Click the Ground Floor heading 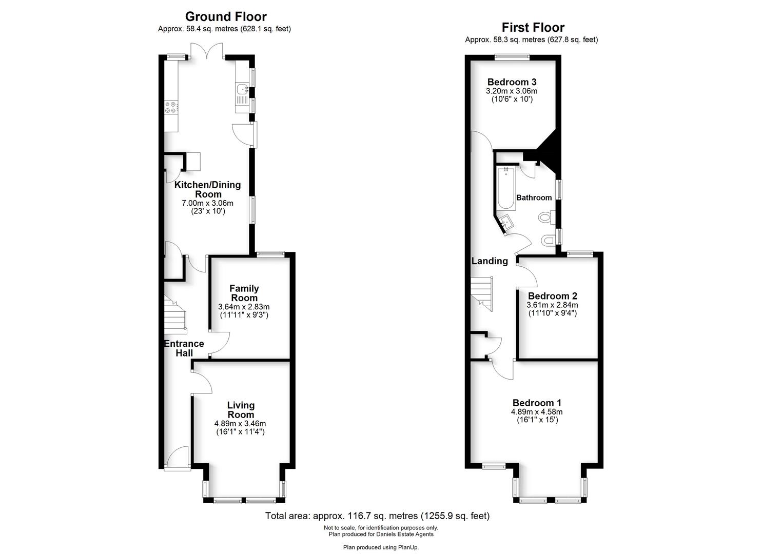pyautogui.click(x=226, y=16)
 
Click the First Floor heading pyautogui.click(x=533, y=27)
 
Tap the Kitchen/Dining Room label pyautogui.click(x=207, y=189)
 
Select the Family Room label pyautogui.click(x=244, y=293)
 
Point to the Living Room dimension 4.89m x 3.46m pyautogui.click(x=240, y=424)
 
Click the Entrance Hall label pyautogui.click(x=184, y=348)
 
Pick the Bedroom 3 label pyautogui.click(x=512, y=82)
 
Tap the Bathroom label pyautogui.click(x=534, y=197)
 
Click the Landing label pyautogui.click(x=490, y=261)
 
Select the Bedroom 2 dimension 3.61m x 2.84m pyautogui.click(x=552, y=305)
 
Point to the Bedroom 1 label pyautogui.click(x=537, y=403)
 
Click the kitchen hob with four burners pyautogui.click(x=171, y=107)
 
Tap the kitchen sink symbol pyautogui.click(x=243, y=89)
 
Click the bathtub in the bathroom pyautogui.click(x=506, y=188)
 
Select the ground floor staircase pyautogui.click(x=175, y=314)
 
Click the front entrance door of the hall pyautogui.click(x=178, y=458)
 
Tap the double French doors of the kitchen pyautogui.click(x=206, y=51)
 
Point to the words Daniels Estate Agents pyautogui.click(x=405, y=535)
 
